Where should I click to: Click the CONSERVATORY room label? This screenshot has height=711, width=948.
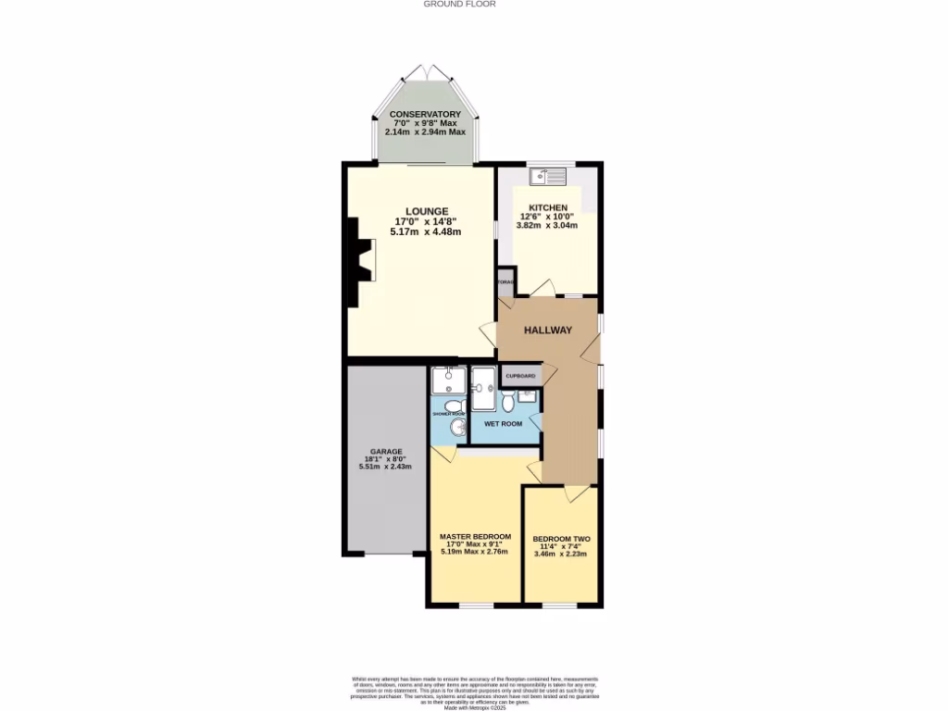425,114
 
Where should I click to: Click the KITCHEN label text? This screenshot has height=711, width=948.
548,207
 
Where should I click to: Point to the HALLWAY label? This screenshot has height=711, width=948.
548,331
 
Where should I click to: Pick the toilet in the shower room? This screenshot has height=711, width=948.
453,406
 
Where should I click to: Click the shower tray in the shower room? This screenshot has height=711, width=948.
448,380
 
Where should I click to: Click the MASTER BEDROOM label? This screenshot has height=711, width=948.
475,536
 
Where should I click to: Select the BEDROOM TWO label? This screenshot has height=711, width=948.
561,539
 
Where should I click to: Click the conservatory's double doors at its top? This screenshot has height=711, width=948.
425,72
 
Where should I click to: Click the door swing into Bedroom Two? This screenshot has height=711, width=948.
578,493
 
